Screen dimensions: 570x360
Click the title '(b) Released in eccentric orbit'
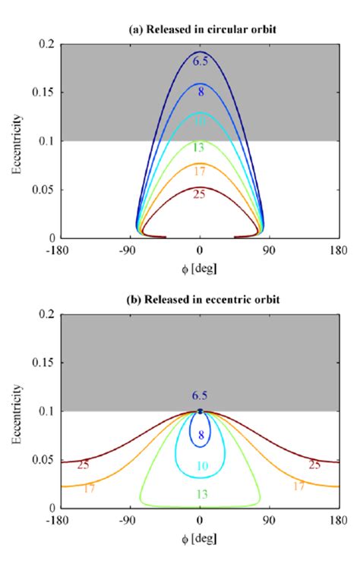[200, 299]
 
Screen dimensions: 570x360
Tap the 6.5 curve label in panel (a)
[201, 61]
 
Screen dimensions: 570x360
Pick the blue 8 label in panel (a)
[201, 92]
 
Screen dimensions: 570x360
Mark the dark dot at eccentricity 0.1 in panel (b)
[201, 411]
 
